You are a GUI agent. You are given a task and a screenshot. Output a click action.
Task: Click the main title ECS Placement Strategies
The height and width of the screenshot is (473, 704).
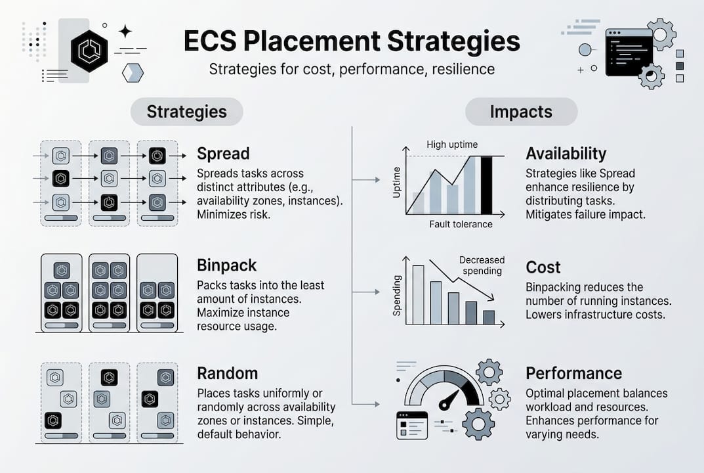pos(352,41)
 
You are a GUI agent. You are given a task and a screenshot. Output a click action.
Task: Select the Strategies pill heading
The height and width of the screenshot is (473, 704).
pos(186,112)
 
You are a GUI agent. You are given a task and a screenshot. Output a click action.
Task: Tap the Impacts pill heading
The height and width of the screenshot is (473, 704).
pos(521,112)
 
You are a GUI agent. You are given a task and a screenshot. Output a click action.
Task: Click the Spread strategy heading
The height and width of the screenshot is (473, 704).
pos(223,154)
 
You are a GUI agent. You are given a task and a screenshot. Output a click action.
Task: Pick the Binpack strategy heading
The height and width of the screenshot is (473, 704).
pos(226,265)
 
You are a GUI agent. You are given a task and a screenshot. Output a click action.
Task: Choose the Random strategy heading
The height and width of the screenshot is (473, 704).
pos(227,373)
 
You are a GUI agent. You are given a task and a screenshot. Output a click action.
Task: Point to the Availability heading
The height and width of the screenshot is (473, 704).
pos(566,154)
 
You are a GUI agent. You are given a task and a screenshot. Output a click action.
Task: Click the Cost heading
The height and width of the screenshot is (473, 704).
pos(543,267)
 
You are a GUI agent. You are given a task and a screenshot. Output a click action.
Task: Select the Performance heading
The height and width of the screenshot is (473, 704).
pos(573,373)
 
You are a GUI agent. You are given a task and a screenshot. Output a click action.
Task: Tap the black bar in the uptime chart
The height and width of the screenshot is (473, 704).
pos(486,185)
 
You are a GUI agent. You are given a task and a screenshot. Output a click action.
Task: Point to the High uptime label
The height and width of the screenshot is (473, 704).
pos(452,145)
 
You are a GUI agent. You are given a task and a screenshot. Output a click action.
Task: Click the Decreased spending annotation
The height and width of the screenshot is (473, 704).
pos(482,265)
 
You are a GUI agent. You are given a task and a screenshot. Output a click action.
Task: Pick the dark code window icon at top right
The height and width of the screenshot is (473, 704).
pos(629,52)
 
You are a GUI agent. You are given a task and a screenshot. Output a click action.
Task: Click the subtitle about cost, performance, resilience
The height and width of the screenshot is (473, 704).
pos(352,69)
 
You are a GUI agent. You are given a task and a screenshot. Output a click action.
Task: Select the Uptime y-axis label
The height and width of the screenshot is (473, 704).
pos(397,185)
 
